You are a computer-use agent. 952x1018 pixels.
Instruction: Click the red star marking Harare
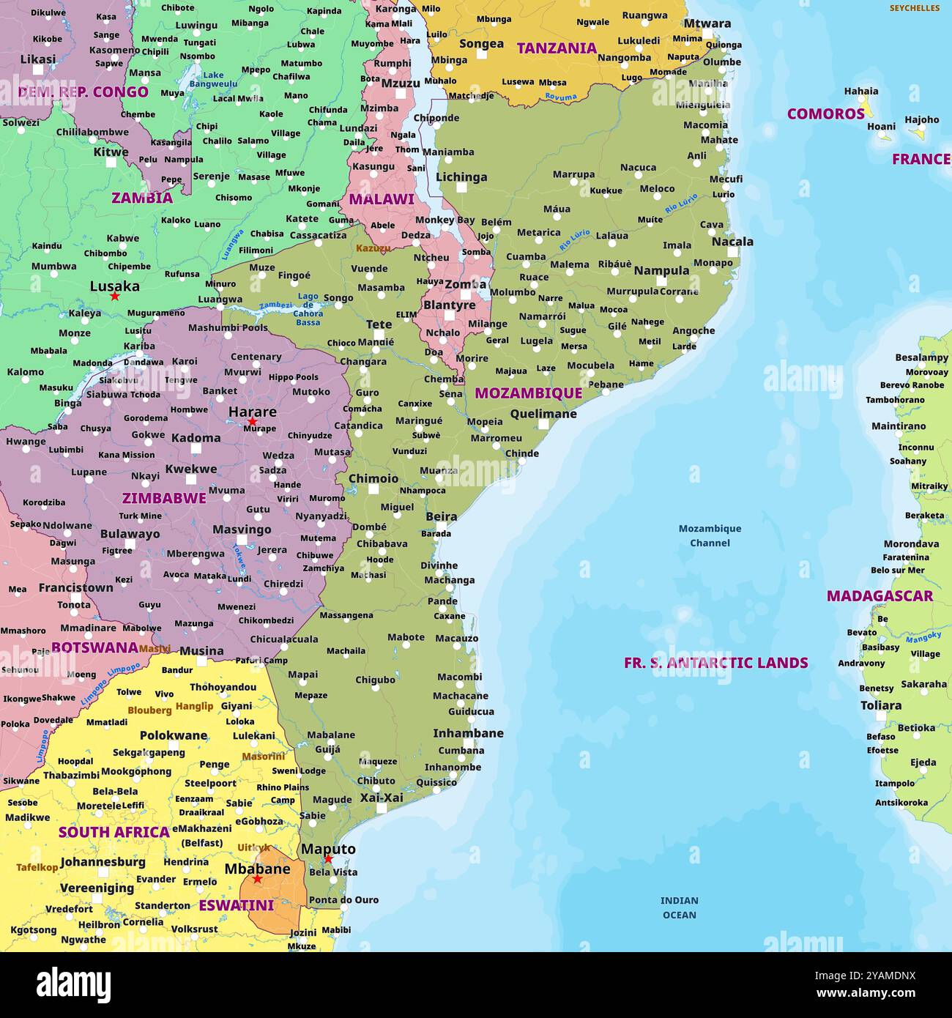[252, 422]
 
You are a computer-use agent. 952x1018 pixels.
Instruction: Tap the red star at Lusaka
[114, 297]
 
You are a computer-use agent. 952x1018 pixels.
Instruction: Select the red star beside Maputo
[328, 859]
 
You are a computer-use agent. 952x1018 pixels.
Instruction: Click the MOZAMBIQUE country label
[528, 393]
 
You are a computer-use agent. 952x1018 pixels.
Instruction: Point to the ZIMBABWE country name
[164, 498]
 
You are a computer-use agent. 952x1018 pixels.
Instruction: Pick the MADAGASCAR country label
[880, 596]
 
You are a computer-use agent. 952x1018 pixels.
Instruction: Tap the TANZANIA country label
[557, 49]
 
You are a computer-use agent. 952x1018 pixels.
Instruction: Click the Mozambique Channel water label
[710, 535]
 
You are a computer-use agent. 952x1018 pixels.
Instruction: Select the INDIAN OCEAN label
[679, 907]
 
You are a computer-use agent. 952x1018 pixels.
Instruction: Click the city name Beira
[441, 516]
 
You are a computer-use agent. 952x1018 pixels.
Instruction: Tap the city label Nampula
[661, 270]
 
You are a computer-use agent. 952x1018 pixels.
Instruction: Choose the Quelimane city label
[543, 414]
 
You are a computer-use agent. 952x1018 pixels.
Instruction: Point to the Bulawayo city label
[130, 534]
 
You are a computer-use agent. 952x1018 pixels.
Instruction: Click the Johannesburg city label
[103, 862]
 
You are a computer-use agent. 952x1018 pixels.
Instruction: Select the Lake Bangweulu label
[213, 79]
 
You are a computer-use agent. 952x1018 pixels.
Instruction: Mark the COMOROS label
[825, 114]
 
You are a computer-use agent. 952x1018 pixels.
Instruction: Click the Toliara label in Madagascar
[880, 705]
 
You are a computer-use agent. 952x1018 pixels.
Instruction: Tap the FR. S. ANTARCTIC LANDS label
[715, 663]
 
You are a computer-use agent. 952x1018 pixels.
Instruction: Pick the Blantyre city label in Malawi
[449, 305]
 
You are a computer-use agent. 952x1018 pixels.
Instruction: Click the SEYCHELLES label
[914, 8]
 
